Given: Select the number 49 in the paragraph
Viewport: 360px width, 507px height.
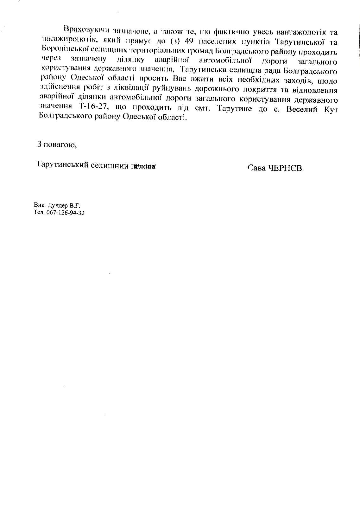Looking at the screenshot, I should click(189, 41).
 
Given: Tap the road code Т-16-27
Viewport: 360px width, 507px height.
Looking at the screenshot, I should click(95, 106).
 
